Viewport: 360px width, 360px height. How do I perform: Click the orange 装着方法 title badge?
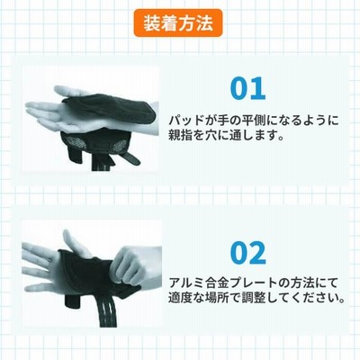point(178,23)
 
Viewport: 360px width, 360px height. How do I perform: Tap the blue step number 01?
point(248,89)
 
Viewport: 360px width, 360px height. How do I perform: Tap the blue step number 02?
point(248,253)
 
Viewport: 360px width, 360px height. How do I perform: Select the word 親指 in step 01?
point(182,136)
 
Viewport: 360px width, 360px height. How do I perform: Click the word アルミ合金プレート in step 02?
point(219,283)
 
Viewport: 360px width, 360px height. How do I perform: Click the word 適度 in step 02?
point(182,298)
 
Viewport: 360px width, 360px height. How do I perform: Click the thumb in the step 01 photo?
point(70,91)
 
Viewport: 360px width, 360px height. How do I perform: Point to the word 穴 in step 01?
point(214,136)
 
